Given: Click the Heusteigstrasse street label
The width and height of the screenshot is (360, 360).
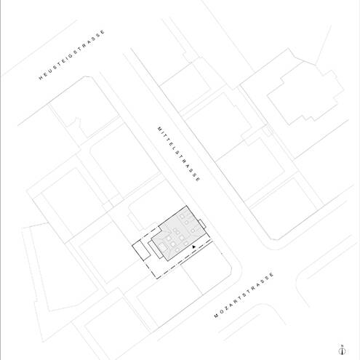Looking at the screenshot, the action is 72,55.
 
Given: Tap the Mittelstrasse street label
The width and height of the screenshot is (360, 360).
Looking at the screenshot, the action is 179,154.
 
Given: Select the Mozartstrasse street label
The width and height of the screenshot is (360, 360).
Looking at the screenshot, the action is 244,295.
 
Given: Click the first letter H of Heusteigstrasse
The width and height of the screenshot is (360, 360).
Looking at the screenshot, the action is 41,79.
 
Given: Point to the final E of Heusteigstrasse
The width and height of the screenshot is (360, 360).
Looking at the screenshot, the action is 103,32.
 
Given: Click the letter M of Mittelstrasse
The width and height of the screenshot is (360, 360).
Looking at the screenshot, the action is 159,129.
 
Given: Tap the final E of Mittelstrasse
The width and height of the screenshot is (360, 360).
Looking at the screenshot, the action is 199,180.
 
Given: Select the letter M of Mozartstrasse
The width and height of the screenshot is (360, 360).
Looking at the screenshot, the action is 216,316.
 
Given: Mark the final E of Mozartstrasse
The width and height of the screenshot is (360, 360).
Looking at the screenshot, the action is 271,274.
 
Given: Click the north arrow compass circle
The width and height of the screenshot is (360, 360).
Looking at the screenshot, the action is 342,351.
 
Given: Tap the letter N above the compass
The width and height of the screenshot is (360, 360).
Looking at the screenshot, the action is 342,345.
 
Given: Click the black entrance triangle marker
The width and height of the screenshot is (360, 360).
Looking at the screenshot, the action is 193,247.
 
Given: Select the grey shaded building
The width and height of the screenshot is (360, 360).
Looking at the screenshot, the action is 180,233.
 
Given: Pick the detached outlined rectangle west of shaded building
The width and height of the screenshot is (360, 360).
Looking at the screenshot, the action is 141,249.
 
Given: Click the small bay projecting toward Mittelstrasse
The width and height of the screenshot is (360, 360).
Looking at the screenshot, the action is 202,224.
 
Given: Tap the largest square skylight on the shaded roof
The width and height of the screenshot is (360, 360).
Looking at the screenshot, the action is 162,247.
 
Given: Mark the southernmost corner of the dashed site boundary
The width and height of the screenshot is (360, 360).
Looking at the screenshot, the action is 157,279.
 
